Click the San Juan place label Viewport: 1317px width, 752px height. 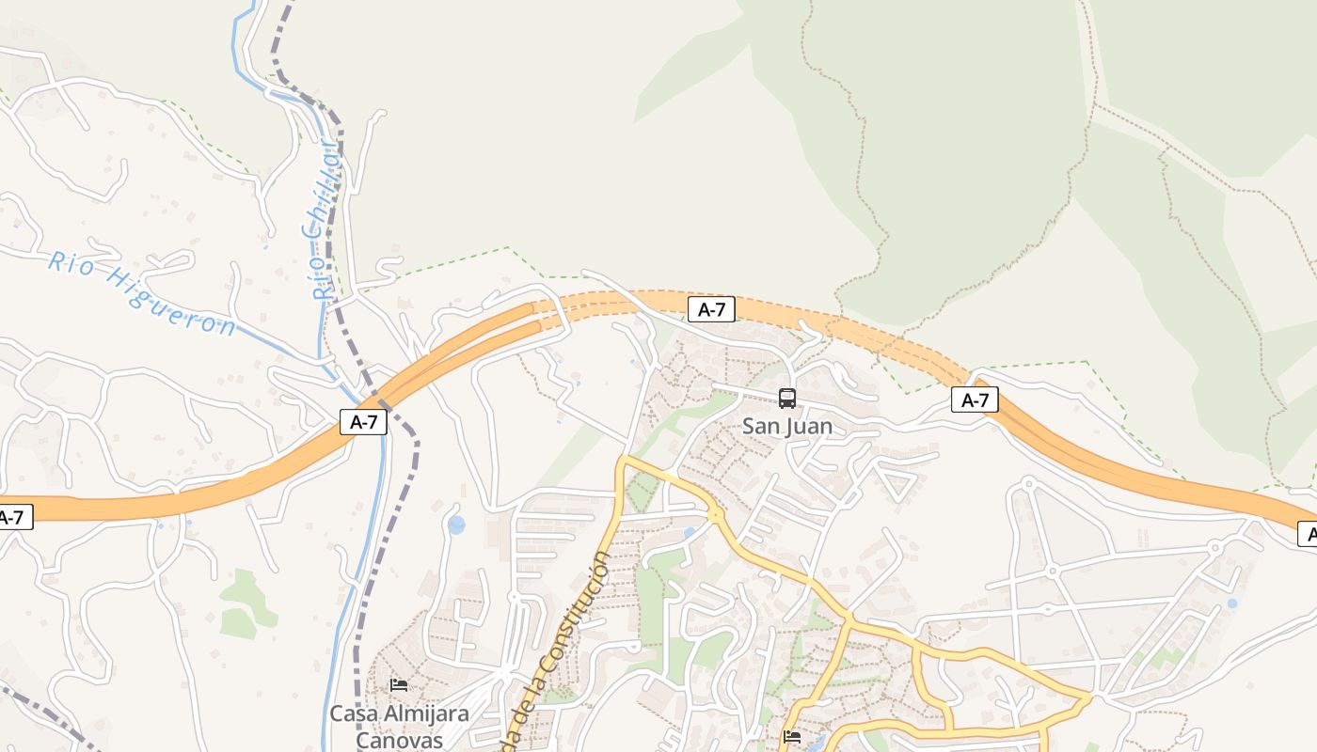tap(787, 426)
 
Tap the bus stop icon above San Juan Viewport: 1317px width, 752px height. tap(787, 399)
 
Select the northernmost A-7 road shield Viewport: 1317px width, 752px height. tap(711, 309)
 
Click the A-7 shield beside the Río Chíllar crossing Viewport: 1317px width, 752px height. tap(363, 422)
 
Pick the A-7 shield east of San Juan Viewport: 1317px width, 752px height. tap(975, 399)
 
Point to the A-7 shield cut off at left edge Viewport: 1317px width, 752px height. tap(14, 516)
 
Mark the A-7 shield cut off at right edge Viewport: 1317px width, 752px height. tap(1308, 535)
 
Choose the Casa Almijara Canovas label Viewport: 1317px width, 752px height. tap(399, 725)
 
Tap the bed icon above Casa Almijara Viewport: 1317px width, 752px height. tap(399, 684)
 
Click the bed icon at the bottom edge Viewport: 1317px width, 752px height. tap(792, 737)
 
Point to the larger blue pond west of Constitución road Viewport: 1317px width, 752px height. tap(456, 525)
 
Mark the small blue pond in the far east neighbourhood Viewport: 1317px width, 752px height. tap(1232, 603)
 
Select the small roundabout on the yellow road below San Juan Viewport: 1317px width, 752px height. tap(716, 513)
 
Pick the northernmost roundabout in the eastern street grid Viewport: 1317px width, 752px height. tap(1027, 485)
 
